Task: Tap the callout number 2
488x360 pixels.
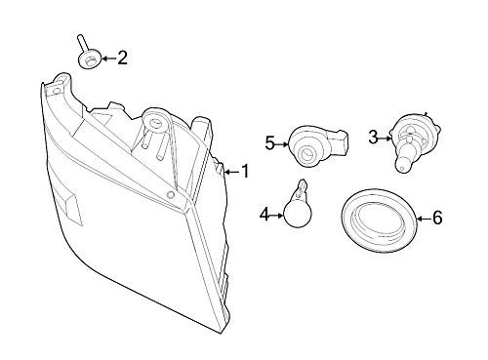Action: click(x=121, y=60)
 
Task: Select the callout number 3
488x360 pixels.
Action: click(x=372, y=138)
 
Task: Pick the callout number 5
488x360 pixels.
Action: click(x=268, y=143)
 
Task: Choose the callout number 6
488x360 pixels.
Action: click(x=436, y=218)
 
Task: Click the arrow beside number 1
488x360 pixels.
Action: click(x=230, y=173)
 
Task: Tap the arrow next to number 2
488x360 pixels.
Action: click(x=106, y=60)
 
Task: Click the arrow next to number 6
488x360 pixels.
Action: click(x=421, y=218)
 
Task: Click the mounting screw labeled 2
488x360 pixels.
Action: click(x=87, y=55)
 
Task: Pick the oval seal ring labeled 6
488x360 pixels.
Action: click(x=376, y=222)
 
